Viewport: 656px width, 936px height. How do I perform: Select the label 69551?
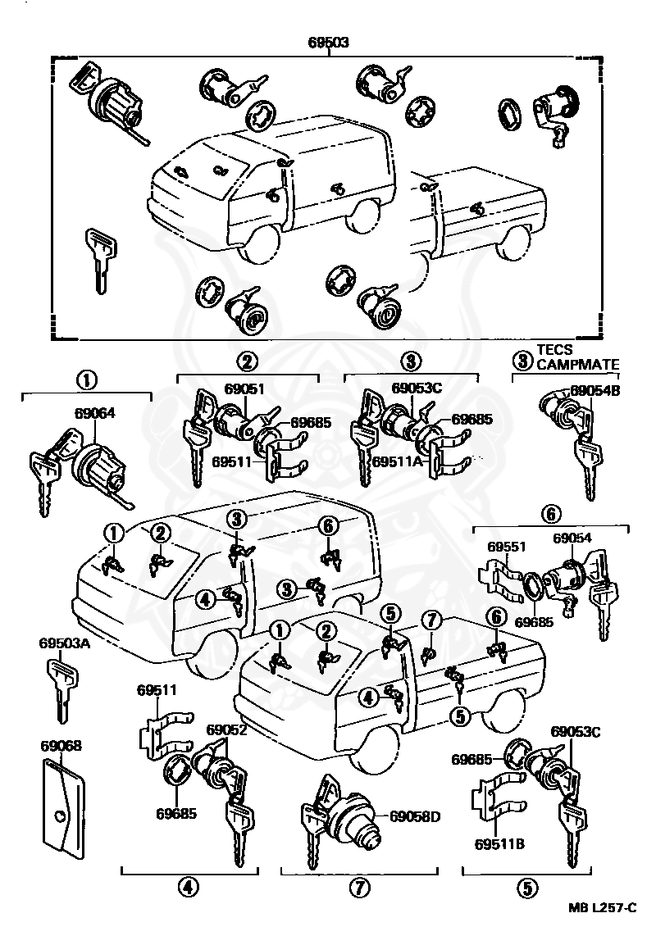(x=507, y=546)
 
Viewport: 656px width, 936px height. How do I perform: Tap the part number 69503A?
(x=61, y=643)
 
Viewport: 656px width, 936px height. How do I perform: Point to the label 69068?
(x=61, y=746)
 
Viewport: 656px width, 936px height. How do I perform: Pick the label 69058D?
(x=415, y=816)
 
